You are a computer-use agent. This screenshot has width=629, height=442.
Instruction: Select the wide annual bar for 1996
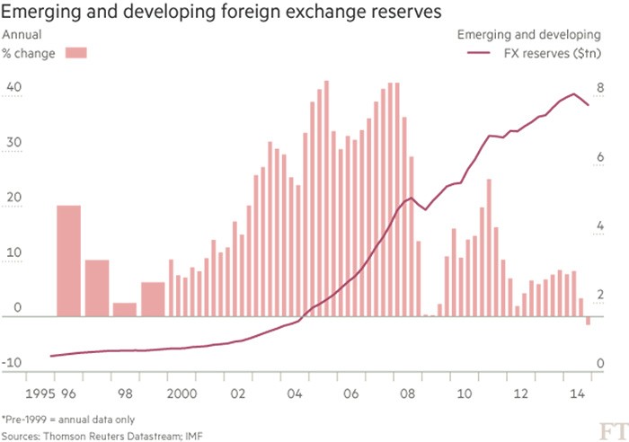(x=69, y=261)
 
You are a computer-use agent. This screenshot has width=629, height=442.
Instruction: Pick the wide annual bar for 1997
(x=97, y=287)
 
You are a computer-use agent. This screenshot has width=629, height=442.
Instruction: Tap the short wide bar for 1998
(x=125, y=309)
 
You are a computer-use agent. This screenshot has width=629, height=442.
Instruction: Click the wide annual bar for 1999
(x=153, y=299)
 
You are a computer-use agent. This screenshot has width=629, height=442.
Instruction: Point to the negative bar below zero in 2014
(x=588, y=321)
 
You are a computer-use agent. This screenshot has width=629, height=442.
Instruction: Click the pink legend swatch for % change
(x=75, y=54)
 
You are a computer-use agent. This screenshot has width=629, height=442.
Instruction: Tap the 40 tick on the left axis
(x=13, y=88)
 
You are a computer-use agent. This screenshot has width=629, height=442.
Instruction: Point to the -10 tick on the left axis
(x=13, y=364)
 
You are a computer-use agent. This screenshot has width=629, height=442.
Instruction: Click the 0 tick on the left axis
(x=17, y=309)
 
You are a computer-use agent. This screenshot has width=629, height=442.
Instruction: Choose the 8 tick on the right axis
(x=601, y=88)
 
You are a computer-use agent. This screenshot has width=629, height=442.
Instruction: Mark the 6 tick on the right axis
(x=601, y=158)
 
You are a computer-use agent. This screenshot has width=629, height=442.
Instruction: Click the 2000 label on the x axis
(x=182, y=394)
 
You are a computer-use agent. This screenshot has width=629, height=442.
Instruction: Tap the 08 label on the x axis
(x=407, y=394)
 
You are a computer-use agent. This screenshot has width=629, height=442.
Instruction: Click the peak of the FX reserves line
(x=573, y=93)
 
